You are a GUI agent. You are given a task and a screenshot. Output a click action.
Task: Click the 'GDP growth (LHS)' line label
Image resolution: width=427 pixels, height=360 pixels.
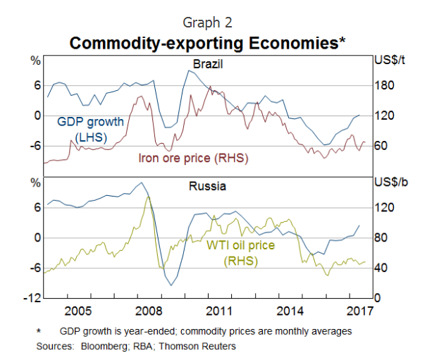coord(90,128)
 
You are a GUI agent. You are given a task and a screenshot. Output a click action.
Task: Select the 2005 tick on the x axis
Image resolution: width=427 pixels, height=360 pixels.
coord(78,311)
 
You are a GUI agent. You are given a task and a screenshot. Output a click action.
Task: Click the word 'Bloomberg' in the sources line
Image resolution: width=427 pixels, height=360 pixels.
coord(99,346)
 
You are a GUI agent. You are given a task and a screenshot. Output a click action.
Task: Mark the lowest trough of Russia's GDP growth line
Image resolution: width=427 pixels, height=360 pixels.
coord(170,285)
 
